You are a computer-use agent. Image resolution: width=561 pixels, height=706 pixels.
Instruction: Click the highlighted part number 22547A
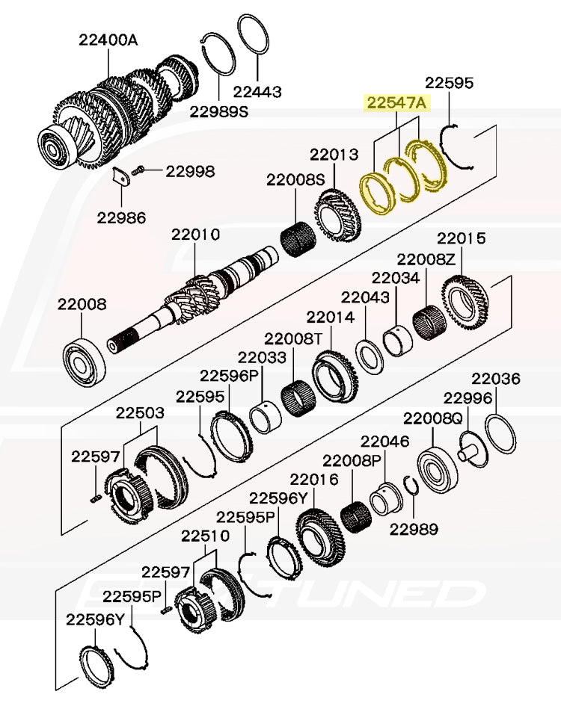(396, 103)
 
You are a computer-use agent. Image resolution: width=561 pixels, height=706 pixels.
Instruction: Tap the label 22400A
(108, 40)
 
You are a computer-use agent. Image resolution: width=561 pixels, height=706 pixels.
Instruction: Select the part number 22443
(257, 92)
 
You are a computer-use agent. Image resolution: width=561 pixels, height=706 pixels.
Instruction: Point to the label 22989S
(218, 111)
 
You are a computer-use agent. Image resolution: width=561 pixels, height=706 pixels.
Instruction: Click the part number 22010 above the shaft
(195, 235)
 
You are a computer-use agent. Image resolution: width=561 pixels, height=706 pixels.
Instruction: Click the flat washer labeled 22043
(369, 354)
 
